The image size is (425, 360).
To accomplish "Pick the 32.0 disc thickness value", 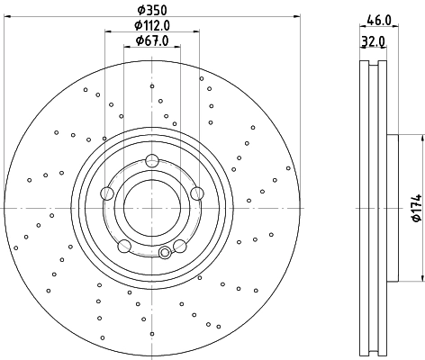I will [373, 40].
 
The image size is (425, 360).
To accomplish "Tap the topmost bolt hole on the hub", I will [151, 162].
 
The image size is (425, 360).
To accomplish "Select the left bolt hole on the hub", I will [107, 193].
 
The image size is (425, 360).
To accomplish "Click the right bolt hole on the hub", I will [195, 192].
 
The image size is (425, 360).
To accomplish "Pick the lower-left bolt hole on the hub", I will [124, 246].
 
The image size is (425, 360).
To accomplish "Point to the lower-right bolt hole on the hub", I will [179, 245].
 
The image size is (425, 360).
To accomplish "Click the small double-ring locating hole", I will [164, 252].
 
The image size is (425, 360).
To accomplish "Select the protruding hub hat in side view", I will [393, 208].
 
